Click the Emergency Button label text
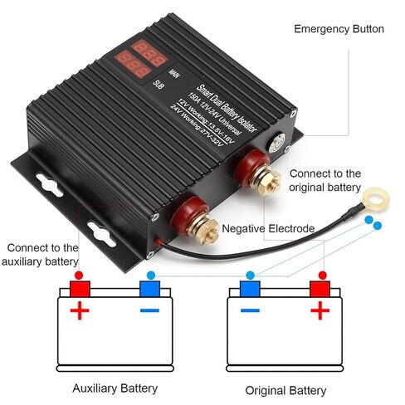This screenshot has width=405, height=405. (x=339, y=29)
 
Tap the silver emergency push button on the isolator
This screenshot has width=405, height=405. (x=277, y=143)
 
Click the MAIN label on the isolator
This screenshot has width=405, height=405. (x=174, y=74)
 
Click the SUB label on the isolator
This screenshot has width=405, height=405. (x=159, y=85)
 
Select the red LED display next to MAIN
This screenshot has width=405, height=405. (x=149, y=53)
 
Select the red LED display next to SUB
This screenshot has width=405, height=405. (x=133, y=64)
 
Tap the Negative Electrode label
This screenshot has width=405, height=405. (x=268, y=229)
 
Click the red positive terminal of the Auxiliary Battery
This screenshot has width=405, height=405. (x=80, y=289)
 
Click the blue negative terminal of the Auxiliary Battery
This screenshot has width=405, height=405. (x=149, y=289)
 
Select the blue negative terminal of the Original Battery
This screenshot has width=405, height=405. (x=250, y=289)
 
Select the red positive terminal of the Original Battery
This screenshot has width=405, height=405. (x=320, y=289)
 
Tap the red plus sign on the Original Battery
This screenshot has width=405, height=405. (x=320, y=310)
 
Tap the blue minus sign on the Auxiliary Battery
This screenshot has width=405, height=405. (x=149, y=310)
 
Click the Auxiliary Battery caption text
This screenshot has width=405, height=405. (x=115, y=388)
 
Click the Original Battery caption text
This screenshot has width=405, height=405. (x=285, y=391)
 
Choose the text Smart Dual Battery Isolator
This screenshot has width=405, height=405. (x=227, y=108)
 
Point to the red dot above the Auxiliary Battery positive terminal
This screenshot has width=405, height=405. (x=79, y=276)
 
